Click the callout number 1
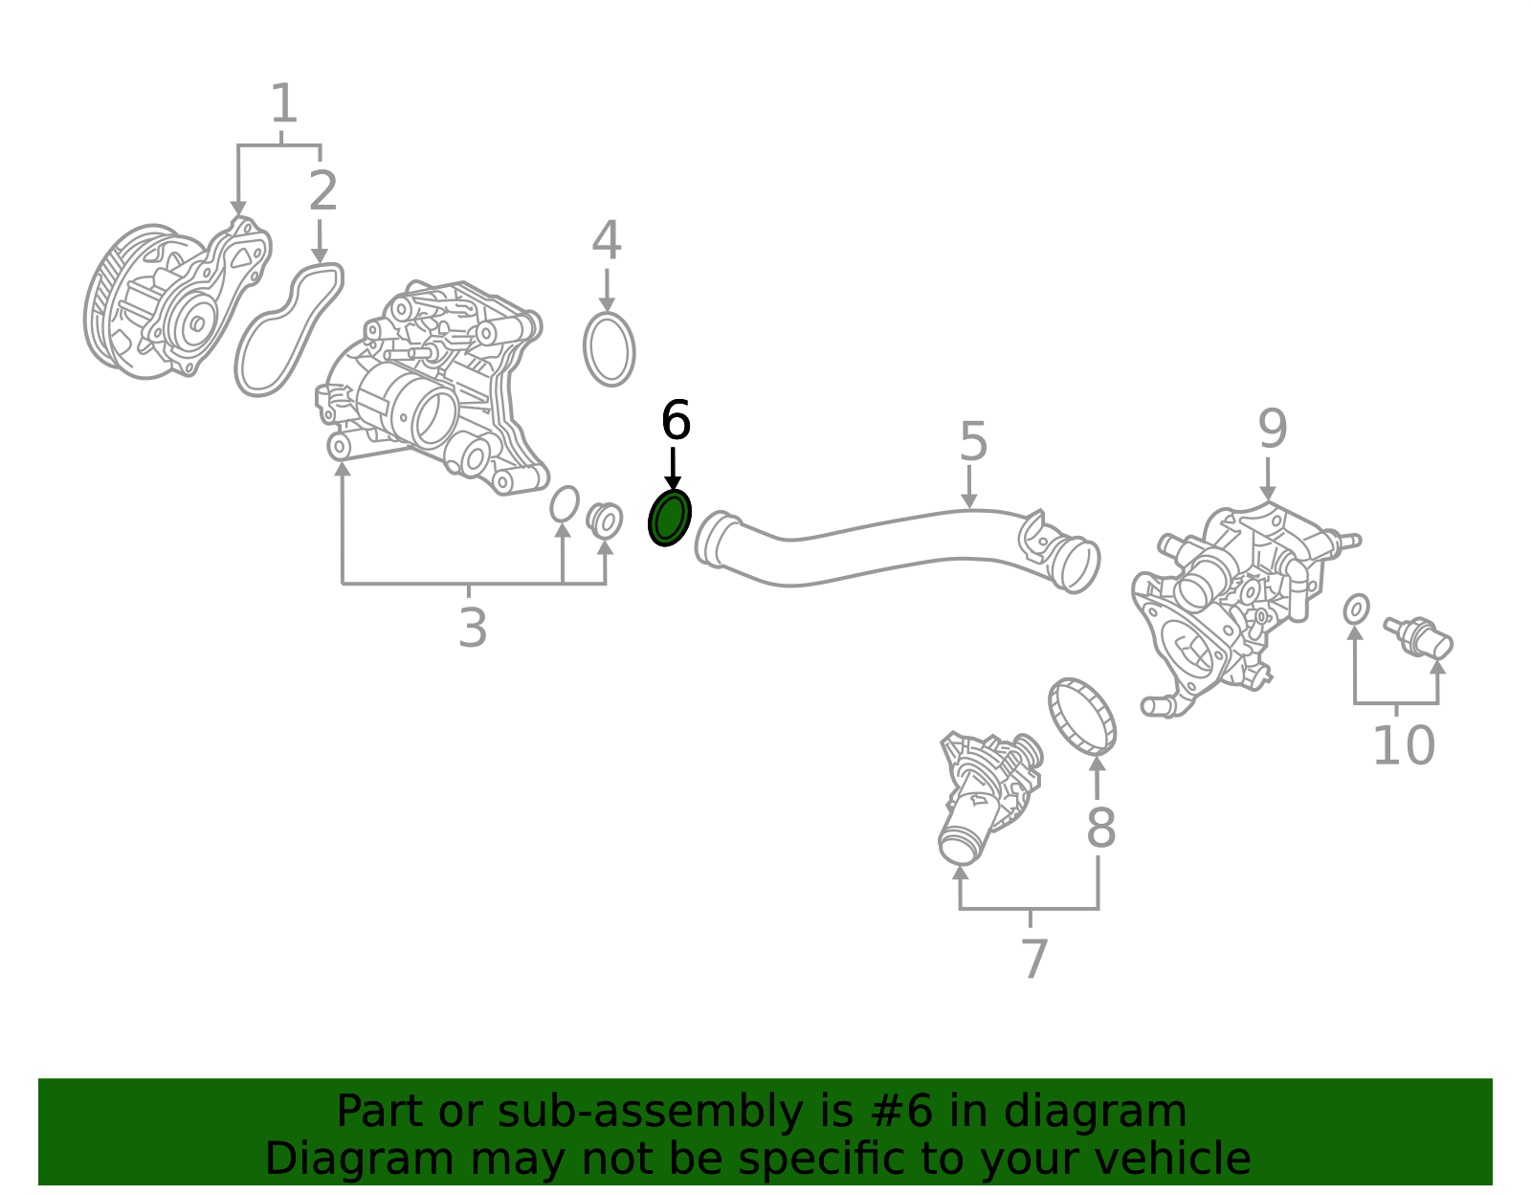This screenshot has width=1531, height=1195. point(284,103)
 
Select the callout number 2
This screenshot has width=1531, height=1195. point(323,190)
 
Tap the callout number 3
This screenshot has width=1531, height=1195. point(473,628)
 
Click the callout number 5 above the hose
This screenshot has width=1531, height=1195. point(974,441)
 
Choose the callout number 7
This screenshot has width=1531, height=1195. point(1034,959)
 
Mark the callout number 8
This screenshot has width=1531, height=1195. point(1101,828)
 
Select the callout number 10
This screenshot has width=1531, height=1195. point(1404,745)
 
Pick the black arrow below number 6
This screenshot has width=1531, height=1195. point(673,468)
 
